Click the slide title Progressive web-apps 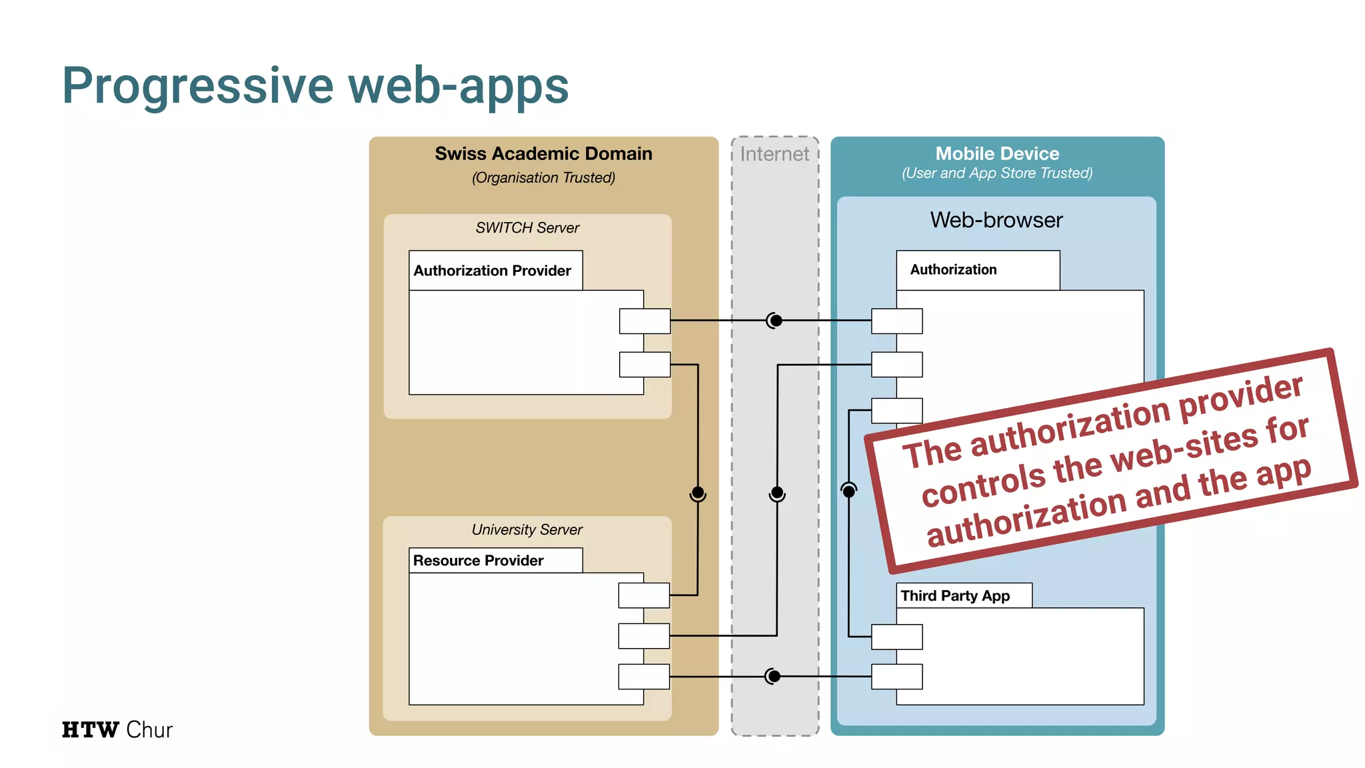(x=315, y=86)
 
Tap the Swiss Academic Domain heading (x=543, y=153)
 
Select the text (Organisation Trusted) (x=543, y=178)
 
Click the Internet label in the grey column (x=774, y=154)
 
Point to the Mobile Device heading (x=997, y=153)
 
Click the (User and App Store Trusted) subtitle (x=997, y=173)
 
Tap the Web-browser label (x=996, y=220)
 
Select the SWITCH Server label (x=527, y=228)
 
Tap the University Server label (x=527, y=530)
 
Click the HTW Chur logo (x=117, y=730)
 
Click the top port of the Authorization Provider (x=645, y=321)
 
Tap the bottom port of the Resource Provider (x=644, y=677)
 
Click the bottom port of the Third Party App (x=897, y=677)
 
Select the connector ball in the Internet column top (x=776, y=321)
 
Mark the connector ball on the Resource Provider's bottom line (x=773, y=677)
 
